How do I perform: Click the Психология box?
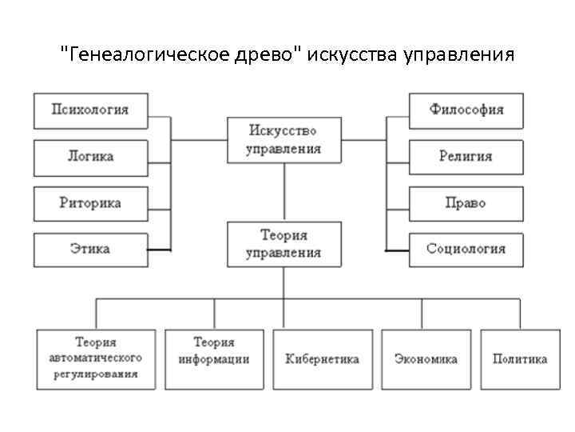(91, 110)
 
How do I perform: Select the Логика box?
(91, 157)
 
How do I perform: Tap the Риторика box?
(91, 203)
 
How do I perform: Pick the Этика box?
(91, 250)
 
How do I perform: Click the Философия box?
(466, 110)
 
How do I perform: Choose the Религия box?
(466, 157)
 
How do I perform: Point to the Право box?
(466, 203)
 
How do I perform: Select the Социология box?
(466, 250)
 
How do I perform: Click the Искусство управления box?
(284, 139)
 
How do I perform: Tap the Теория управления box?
(284, 244)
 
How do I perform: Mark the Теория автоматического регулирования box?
(96, 358)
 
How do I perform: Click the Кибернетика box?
(323, 359)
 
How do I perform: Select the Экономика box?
(426, 359)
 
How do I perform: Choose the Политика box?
(520, 359)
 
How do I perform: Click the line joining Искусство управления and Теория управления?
(284, 192)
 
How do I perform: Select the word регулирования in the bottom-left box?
(96, 374)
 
